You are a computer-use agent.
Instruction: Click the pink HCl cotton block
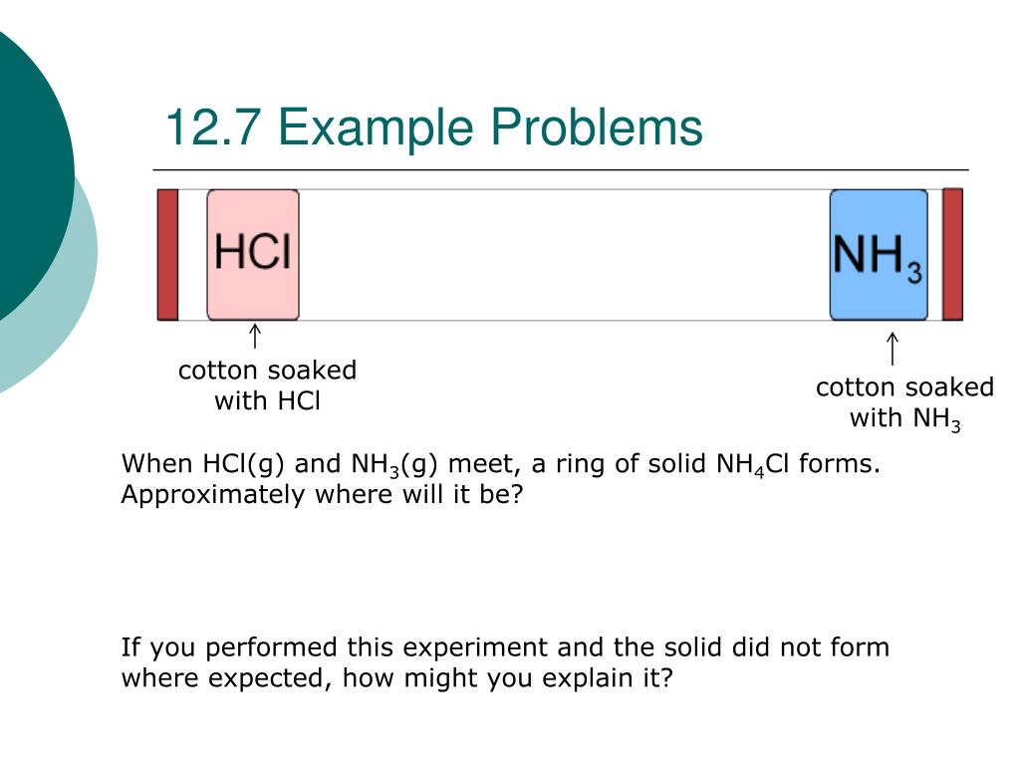253,255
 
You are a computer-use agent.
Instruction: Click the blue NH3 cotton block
879,255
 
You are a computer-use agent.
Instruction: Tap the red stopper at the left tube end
167,255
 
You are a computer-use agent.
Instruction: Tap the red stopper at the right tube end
952,255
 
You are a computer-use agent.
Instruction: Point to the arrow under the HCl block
255,337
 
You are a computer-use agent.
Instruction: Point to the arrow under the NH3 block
892,349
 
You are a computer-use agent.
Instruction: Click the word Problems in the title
597,129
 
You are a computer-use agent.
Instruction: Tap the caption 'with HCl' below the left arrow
267,402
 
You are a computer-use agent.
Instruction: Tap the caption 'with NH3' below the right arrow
904,419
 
